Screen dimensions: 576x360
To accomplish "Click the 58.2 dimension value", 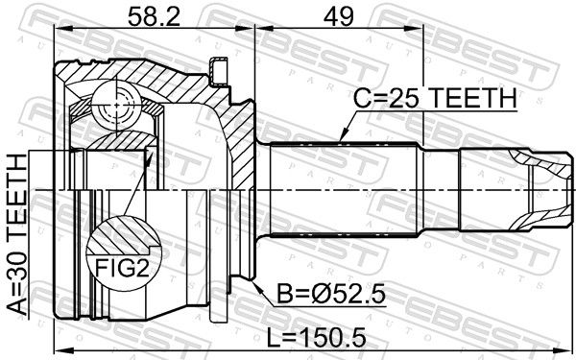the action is click(154, 16).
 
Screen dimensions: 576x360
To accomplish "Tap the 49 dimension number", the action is click(338, 16).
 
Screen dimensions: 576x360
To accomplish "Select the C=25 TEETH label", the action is click(435, 98).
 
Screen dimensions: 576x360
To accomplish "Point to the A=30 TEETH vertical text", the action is click(17, 235).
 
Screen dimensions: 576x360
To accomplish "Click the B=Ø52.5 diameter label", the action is click(331, 294).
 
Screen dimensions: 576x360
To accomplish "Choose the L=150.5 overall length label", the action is click(316, 337).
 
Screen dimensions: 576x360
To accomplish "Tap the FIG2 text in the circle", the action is click(122, 268).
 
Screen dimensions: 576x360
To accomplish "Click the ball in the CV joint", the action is click(117, 105).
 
